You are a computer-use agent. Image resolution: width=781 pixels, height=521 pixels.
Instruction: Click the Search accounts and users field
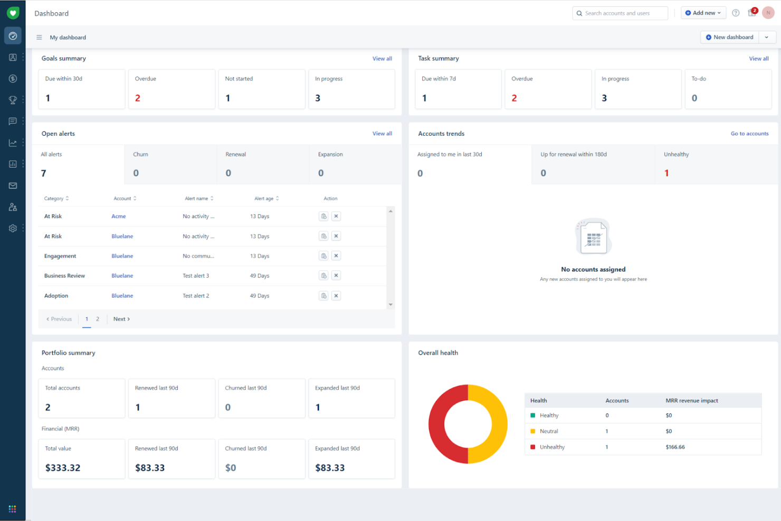pos(620,13)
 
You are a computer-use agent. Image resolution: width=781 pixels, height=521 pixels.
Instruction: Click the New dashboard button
pos(729,37)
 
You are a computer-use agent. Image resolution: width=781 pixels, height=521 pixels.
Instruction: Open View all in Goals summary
pos(382,59)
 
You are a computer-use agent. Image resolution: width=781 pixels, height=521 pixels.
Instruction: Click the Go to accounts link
pos(749,134)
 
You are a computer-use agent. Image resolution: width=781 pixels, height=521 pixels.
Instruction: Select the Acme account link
pos(119,216)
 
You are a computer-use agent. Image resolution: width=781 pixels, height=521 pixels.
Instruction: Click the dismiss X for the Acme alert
pos(336,216)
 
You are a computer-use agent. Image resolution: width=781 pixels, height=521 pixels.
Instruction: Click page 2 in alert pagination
pos(98,319)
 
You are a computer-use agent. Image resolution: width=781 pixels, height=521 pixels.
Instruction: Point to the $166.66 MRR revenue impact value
pos(675,447)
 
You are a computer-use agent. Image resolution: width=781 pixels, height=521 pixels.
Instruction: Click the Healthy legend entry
pos(549,415)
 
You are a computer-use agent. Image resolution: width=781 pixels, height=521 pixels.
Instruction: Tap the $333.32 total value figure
pos(63,468)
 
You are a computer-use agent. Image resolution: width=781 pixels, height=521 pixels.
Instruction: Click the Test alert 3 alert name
pos(196,276)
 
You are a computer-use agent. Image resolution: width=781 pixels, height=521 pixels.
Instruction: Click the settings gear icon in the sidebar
pos(13,229)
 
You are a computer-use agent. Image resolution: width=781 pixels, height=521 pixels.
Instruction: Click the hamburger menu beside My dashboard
pos(39,37)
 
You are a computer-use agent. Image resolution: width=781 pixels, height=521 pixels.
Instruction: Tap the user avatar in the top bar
pos(768,13)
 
